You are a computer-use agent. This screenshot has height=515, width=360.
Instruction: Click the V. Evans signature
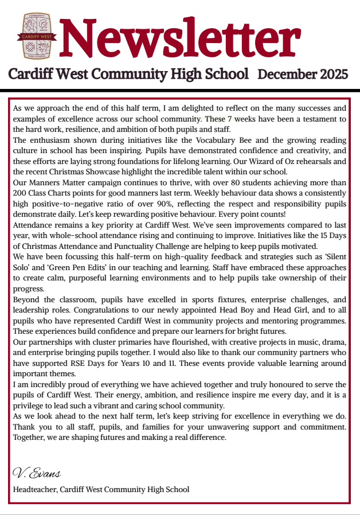pyautogui.click(x=37, y=474)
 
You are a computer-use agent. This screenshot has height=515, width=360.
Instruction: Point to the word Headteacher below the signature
pyautogui.click(x=34, y=489)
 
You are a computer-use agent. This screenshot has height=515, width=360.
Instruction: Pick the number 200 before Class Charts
pyautogui.click(x=21, y=193)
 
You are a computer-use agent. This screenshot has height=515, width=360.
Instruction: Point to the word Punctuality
pyautogui.click(x=134, y=246)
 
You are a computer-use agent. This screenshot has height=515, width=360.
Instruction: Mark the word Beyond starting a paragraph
pyautogui.click(x=26, y=299)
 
